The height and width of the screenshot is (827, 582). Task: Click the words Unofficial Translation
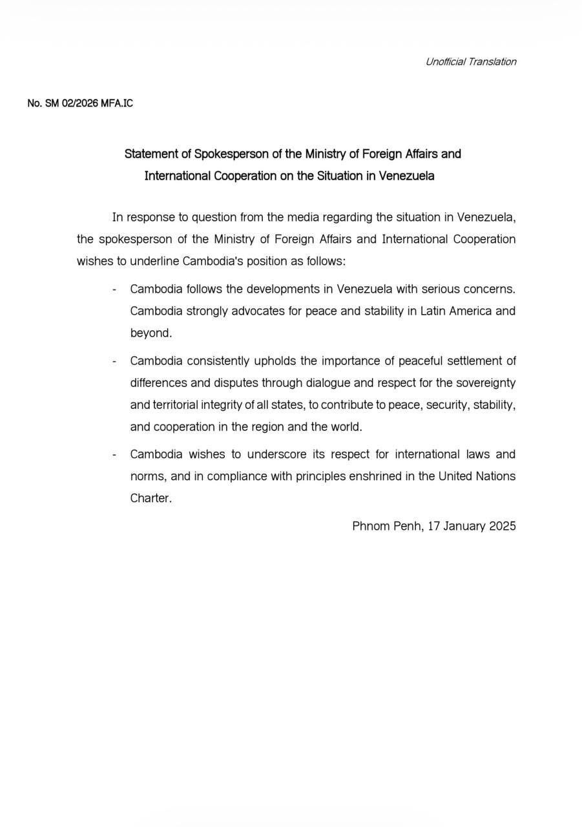pos(470,62)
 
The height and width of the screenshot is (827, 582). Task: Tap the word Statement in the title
pos(151,154)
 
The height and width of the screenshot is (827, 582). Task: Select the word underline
pos(155,262)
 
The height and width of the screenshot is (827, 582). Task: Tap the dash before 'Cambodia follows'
pos(114,289)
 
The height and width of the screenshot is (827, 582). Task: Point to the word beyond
pos(151,333)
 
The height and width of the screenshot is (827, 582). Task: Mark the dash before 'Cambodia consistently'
pos(114,361)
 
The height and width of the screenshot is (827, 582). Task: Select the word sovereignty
pos(486,383)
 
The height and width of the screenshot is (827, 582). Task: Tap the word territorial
pos(178,405)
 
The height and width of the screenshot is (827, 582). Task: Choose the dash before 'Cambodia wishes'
pos(114,455)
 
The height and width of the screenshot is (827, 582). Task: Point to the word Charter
pos(151,499)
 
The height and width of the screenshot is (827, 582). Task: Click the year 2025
pos(502,527)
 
